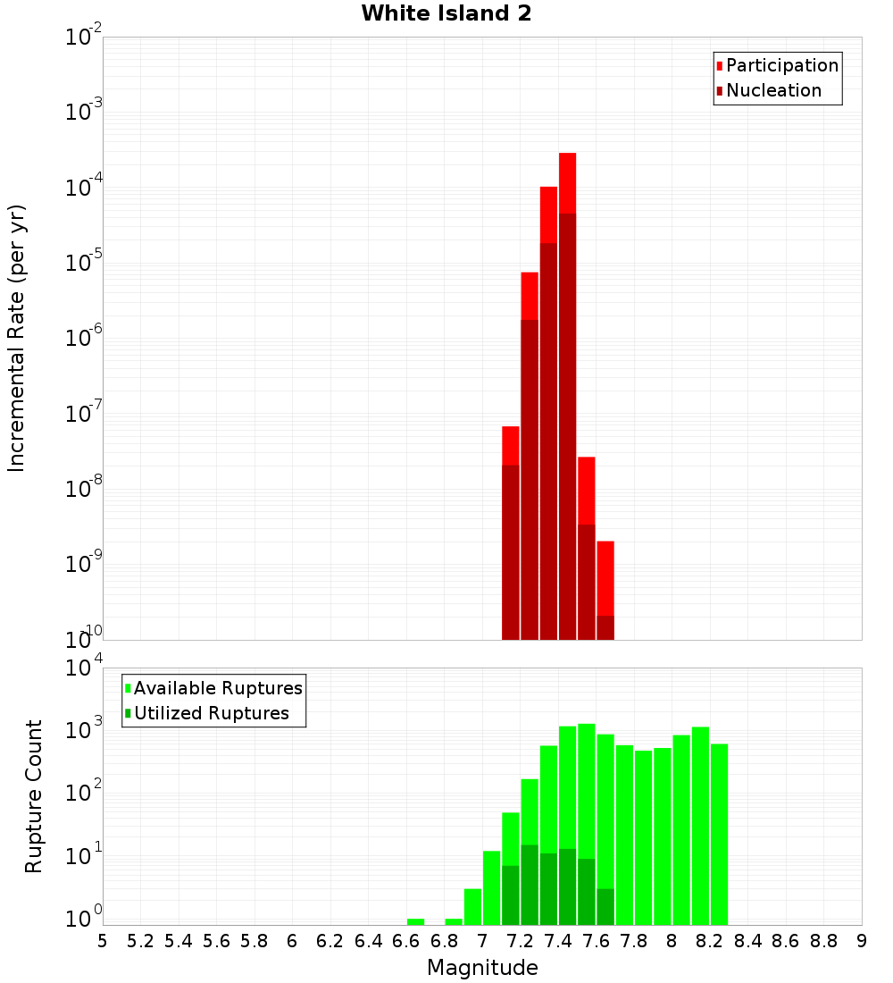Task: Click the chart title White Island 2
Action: (446, 14)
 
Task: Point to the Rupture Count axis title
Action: (34, 796)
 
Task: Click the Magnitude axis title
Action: (482, 968)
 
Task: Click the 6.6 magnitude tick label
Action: (406, 941)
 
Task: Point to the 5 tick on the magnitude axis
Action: (103, 941)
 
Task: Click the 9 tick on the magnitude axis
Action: (862, 941)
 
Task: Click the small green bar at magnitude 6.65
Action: (415, 921)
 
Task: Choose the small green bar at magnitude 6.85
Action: (454, 921)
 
